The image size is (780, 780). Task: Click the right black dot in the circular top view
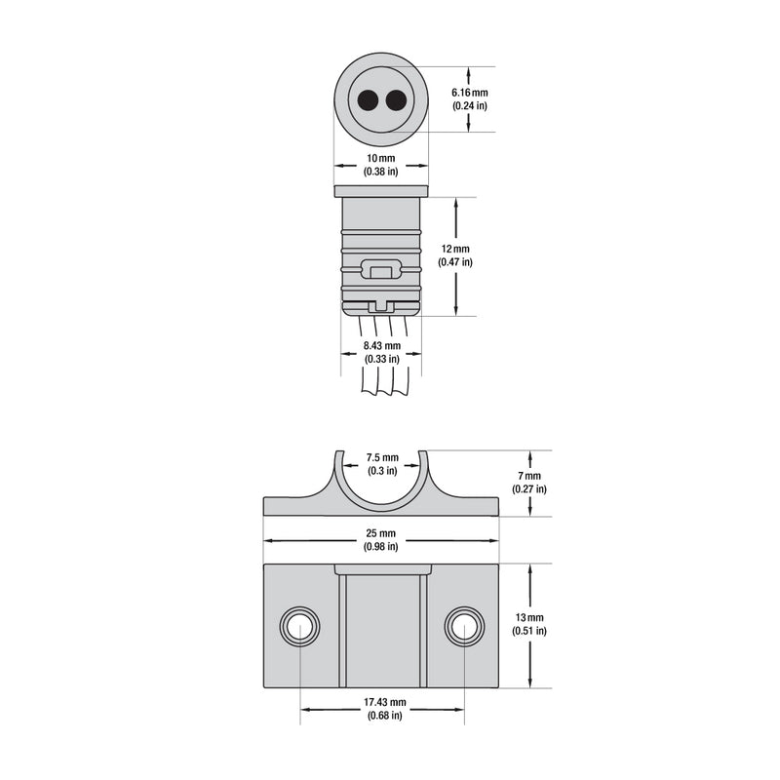[x=395, y=99]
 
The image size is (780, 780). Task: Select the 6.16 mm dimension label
[x=469, y=93]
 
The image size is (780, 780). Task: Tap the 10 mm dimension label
[x=381, y=158]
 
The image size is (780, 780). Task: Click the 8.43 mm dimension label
[x=381, y=345]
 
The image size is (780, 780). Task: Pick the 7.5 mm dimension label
[x=381, y=457]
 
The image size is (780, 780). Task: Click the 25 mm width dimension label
[x=381, y=533]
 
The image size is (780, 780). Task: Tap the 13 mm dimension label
[x=529, y=618]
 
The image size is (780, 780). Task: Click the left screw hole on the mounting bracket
[x=299, y=626]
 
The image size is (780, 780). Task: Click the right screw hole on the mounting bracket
[x=464, y=626]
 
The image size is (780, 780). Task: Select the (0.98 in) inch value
[x=381, y=547]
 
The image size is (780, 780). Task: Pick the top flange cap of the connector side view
[x=381, y=191]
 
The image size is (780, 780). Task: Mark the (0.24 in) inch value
[x=469, y=105]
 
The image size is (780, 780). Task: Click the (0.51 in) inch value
[x=529, y=631]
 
